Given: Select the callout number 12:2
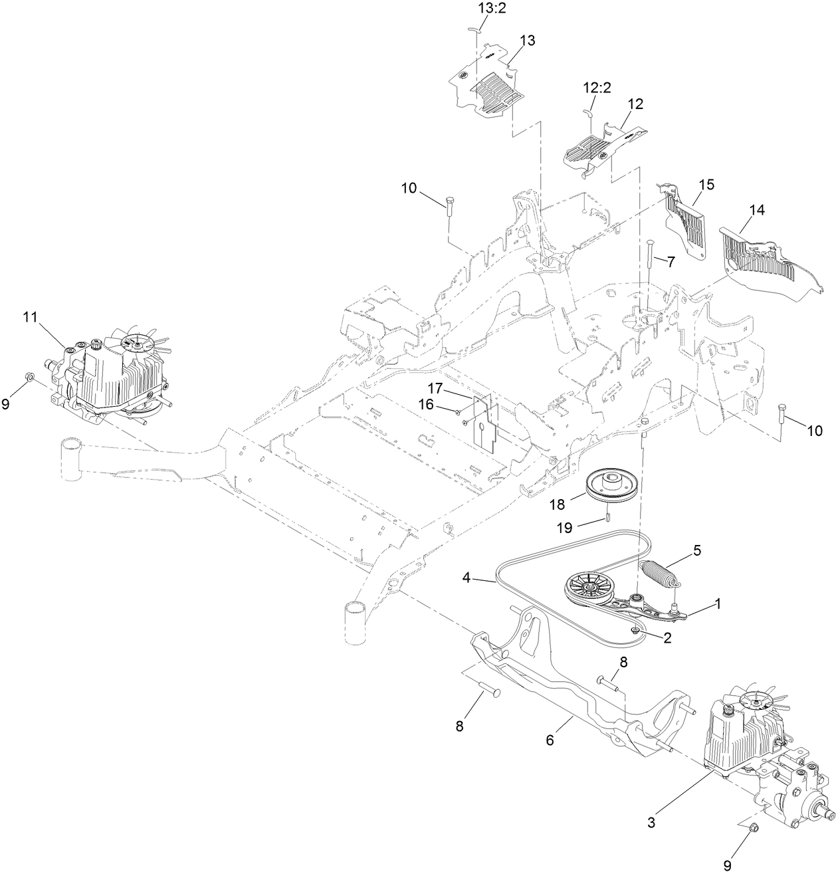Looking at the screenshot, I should click(x=597, y=88).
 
